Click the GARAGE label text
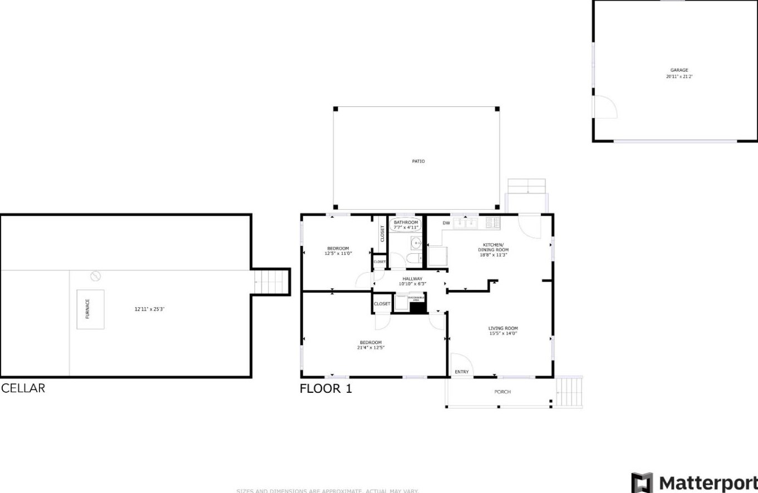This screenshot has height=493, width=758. tap(679, 71)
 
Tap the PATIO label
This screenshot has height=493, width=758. tap(418, 161)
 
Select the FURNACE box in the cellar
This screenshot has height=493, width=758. tap(90, 309)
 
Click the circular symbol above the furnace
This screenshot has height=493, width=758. tap(95, 276)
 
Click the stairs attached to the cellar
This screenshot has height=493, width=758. tap(272, 282)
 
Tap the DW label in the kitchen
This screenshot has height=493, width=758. tap(446, 223)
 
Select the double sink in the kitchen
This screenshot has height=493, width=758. tap(465, 223)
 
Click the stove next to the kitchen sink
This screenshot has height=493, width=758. tap(493, 223)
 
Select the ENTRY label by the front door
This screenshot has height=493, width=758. tap(461, 372)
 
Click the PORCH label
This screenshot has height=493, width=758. tap(502, 392)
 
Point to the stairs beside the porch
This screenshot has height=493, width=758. tap(569, 392)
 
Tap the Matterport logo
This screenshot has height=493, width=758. tap(694, 482)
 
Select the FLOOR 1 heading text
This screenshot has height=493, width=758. tap(326, 388)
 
